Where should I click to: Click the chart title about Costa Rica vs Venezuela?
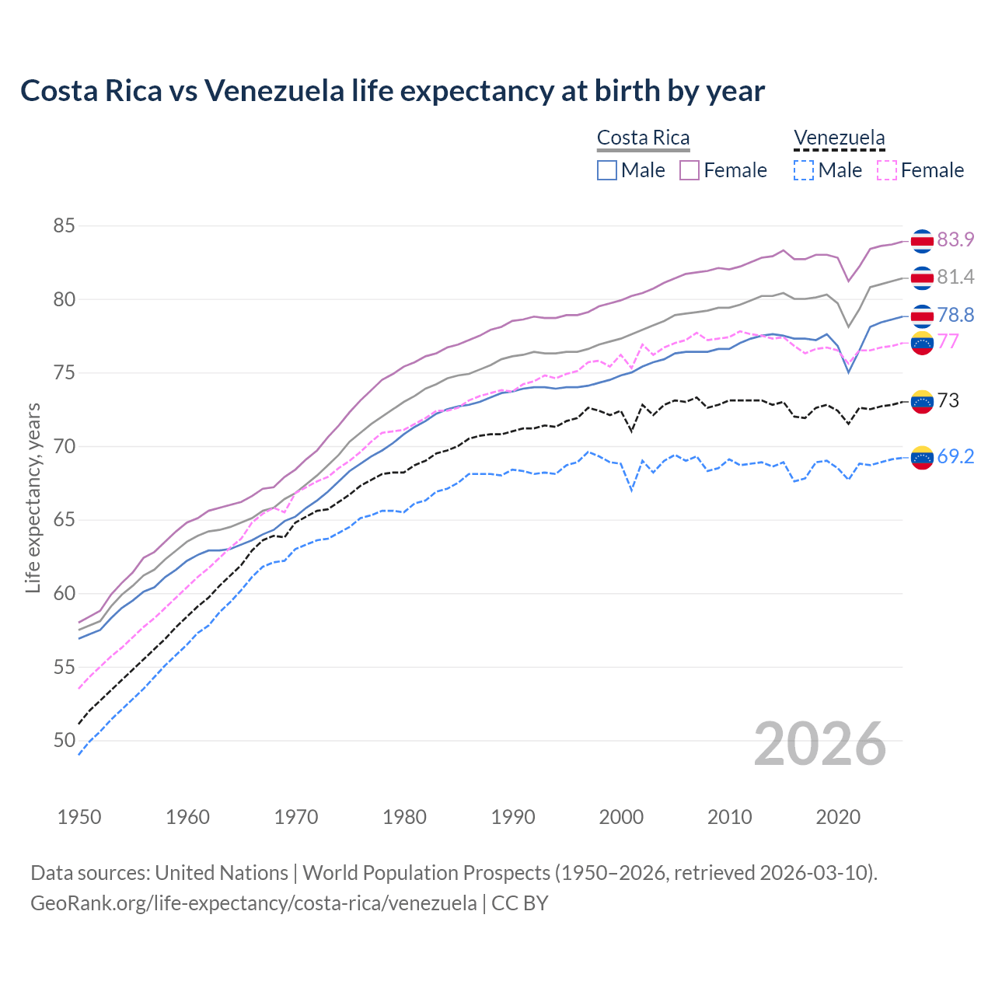[x=393, y=91]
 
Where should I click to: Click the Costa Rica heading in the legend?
[x=643, y=138]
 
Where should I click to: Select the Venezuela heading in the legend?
[x=839, y=138]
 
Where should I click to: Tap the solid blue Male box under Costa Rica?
[x=607, y=170]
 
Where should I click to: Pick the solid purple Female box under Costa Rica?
[x=690, y=170]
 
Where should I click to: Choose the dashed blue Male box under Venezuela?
[x=804, y=170]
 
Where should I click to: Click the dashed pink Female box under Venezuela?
[x=886, y=170]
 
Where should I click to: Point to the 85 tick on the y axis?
[x=64, y=226]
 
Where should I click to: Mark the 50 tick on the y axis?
[x=64, y=741]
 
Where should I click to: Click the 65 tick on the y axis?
[x=64, y=520]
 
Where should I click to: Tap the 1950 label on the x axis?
[x=79, y=817]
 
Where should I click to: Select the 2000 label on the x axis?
[x=621, y=817]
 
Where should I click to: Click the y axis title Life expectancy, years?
[x=33, y=497]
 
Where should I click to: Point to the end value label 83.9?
[x=955, y=239]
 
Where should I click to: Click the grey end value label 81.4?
[x=955, y=277]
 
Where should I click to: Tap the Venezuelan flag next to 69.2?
[x=922, y=457]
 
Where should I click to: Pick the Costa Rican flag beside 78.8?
[x=922, y=316]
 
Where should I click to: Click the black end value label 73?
[x=948, y=400]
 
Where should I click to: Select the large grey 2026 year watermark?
[x=819, y=744]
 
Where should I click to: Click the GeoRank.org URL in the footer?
[x=253, y=903]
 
